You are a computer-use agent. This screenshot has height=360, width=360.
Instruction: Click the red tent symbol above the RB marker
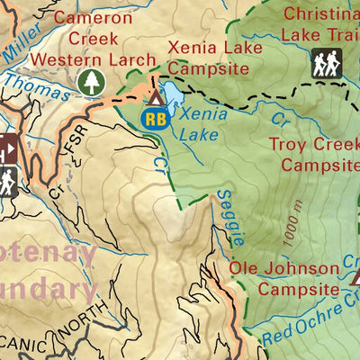tap(157, 95)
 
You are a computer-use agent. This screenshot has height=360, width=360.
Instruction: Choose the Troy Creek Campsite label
tap(319, 154)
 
